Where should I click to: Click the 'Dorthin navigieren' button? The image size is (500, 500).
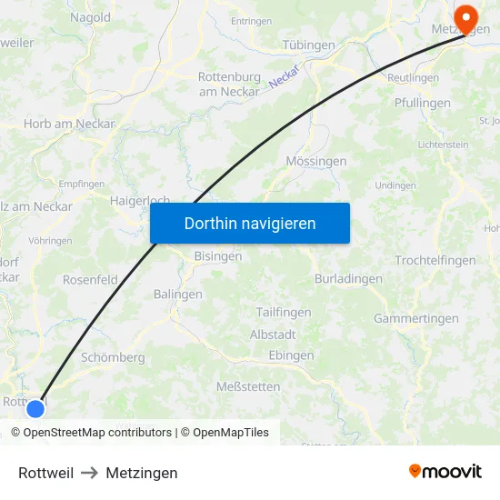click(250, 223)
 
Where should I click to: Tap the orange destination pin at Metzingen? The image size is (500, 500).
click(466, 18)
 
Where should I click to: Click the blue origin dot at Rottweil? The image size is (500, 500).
click(35, 409)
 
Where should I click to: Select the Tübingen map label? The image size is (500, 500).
click(308, 45)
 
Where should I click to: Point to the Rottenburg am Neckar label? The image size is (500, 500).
click(229, 84)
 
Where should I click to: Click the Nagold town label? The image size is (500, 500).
click(90, 16)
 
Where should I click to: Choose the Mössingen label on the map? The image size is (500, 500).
click(316, 161)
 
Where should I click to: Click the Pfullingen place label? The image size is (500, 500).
click(423, 103)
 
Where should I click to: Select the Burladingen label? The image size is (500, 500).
click(348, 278)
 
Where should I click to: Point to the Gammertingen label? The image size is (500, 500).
click(416, 318)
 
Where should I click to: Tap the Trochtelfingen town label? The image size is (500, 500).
click(435, 260)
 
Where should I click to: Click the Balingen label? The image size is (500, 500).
click(177, 294)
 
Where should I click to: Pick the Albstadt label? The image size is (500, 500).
click(273, 335)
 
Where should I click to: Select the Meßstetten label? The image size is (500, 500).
click(248, 386)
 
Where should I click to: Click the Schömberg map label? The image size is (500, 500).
click(113, 357)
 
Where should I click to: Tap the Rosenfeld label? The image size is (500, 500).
click(90, 280)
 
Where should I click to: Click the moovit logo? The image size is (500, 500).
click(445, 472)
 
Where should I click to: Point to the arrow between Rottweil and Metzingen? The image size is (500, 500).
click(89, 473)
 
